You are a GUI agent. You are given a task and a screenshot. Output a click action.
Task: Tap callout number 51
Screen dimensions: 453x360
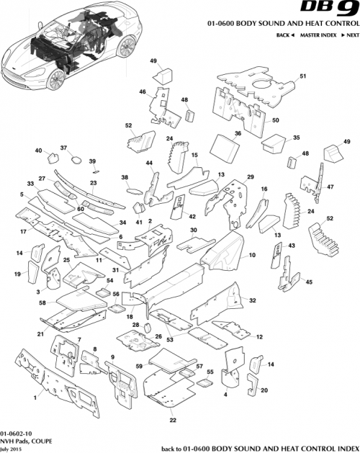[303, 76]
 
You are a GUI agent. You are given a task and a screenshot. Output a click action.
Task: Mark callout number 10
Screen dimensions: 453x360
[252, 255]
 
